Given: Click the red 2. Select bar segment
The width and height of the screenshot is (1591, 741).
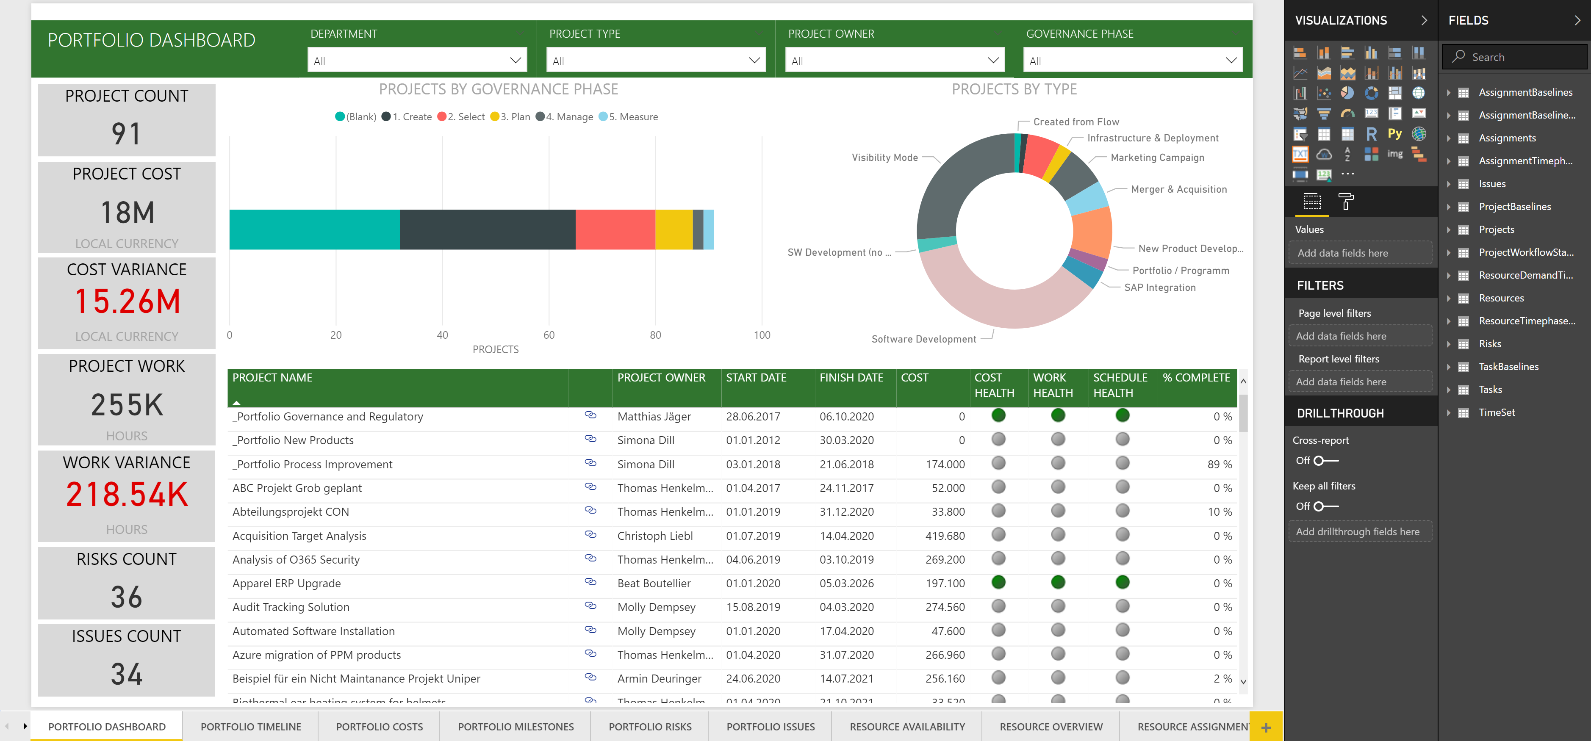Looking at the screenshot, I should click(x=615, y=229).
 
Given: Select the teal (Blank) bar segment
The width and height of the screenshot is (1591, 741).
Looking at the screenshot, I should click(x=314, y=229).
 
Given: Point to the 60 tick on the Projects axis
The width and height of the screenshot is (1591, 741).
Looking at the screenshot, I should click(x=549, y=335).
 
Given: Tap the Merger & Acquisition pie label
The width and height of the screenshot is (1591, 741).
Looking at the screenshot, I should click(x=1178, y=190).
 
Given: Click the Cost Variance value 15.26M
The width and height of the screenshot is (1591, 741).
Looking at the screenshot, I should click(x=127, y=302).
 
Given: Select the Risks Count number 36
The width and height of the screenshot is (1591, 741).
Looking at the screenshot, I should click(x=127, y=597).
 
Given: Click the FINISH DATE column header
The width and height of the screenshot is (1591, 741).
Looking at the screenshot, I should click(x=851, y=378).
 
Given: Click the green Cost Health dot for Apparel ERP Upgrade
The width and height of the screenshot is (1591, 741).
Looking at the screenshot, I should click(x=998, y=582).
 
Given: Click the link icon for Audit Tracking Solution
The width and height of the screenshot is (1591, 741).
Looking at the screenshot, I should click(x=590, y=606).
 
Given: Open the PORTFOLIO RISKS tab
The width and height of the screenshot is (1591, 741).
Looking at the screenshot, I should click(x=650, y=727).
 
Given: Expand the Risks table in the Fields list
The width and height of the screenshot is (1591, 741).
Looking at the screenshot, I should click(x=1448, y=344).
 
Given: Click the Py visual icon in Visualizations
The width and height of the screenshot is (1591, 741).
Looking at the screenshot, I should click(x=1394, y=134).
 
